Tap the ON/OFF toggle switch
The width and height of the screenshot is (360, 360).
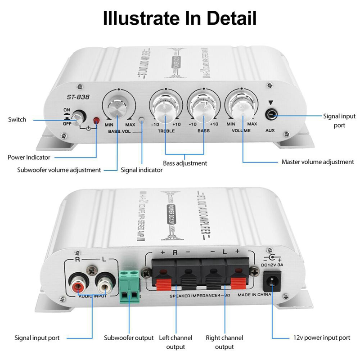[80, 117]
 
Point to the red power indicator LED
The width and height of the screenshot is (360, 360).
[96, 121]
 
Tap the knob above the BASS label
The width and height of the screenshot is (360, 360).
[203, 107]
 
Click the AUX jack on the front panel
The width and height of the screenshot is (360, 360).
[271, 116]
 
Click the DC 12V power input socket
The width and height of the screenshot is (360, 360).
[272, 284]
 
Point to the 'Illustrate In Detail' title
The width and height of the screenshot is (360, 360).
[180, 18]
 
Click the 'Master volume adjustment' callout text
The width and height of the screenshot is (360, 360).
[318, 162]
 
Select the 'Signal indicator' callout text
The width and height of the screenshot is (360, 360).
[142, 170]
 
